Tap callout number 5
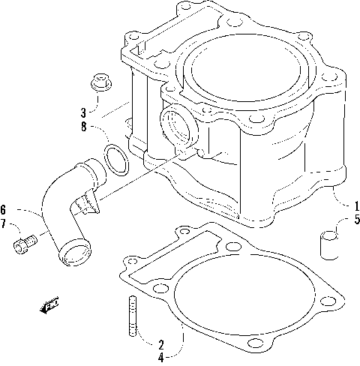357,220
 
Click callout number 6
4,209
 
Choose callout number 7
4,224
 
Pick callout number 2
160,344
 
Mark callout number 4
160,358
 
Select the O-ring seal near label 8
115,159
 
